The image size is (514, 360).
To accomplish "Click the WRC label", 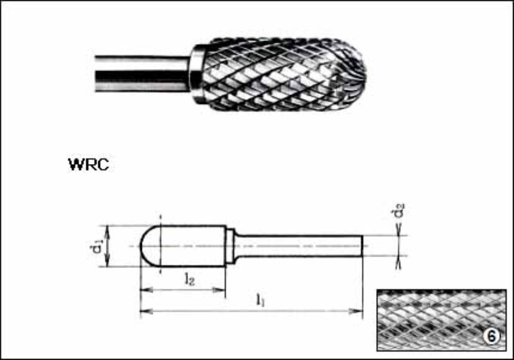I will tap(88, 165).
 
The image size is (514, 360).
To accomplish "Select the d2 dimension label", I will tap(398, 211).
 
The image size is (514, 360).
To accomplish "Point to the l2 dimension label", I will tap(189, 279).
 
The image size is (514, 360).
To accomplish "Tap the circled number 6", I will tap(491, 337).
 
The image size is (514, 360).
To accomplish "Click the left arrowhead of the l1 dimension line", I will tap(144, 311).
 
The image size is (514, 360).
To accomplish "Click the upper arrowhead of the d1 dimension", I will tap(107, 228).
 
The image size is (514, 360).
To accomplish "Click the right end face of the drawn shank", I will tap(362, 246).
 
